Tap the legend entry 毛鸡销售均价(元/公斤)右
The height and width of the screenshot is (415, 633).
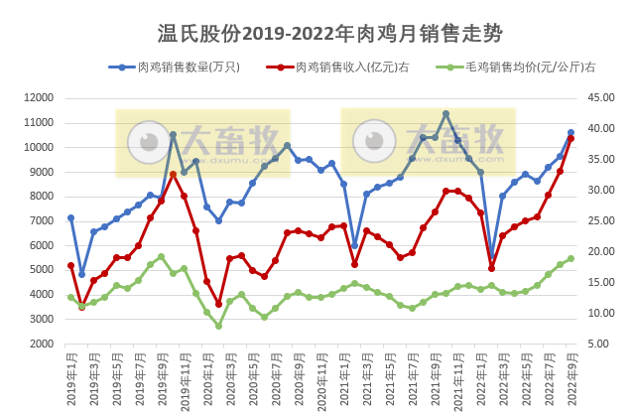pos(517,68)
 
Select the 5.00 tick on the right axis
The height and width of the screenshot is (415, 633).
pos(598,344)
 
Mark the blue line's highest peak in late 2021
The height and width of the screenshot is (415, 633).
pos(446,113)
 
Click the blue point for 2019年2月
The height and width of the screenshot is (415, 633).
pos(82,274)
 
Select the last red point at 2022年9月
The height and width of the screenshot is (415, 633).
pos(570,139)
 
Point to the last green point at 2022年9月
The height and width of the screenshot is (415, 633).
pos(570,258)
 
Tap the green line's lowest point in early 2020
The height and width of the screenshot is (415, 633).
pos(218,326)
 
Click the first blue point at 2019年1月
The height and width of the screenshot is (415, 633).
pos(70,217)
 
